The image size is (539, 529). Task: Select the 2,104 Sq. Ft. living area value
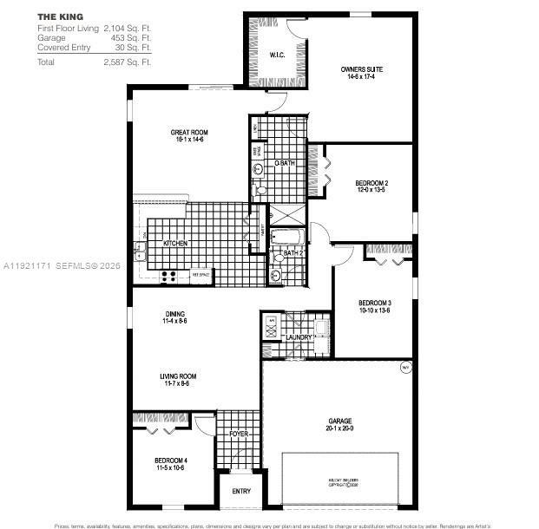pos(128,29)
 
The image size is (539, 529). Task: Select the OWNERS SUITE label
pos(362,69)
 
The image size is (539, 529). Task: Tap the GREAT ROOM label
pos(188,133)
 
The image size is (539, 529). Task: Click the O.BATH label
pos(284,163)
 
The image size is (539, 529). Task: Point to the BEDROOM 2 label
pos(371,183)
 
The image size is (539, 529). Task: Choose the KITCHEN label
pos(175,244)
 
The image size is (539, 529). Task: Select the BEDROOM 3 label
pos(375,303)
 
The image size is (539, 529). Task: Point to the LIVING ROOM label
pos(178,376)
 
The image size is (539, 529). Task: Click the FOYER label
pos(238,433)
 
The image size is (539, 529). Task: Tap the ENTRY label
pos(241,492)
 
